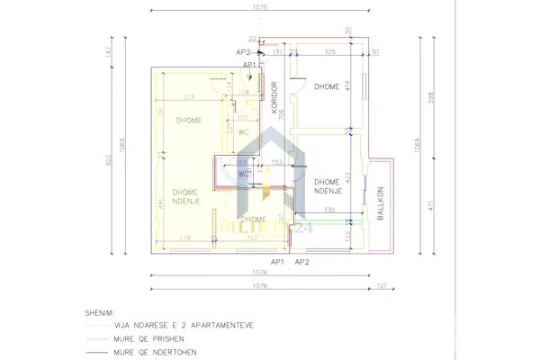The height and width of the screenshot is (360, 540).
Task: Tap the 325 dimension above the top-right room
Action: point(329,52)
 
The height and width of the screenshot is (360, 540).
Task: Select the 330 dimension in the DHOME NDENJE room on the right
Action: point(330,211)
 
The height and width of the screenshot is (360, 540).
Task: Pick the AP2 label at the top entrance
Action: point(243,52)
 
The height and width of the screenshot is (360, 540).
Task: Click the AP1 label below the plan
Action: point(279,262)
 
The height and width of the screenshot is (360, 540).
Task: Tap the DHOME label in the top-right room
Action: point(327,86)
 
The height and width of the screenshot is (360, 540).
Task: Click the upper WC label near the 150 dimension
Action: point(242,131)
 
